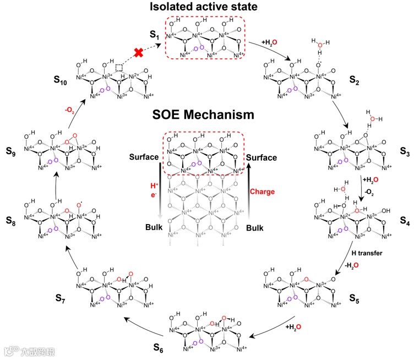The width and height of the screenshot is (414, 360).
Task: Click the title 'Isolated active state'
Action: [x=206, y=8]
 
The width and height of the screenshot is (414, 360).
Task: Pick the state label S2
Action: [x=356, y=81]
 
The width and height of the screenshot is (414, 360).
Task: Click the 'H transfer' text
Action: [x=367, y=253]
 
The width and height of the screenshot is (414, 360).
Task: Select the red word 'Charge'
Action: [x=263, y=192]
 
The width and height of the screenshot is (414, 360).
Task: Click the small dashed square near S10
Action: [x=119, y=67]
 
